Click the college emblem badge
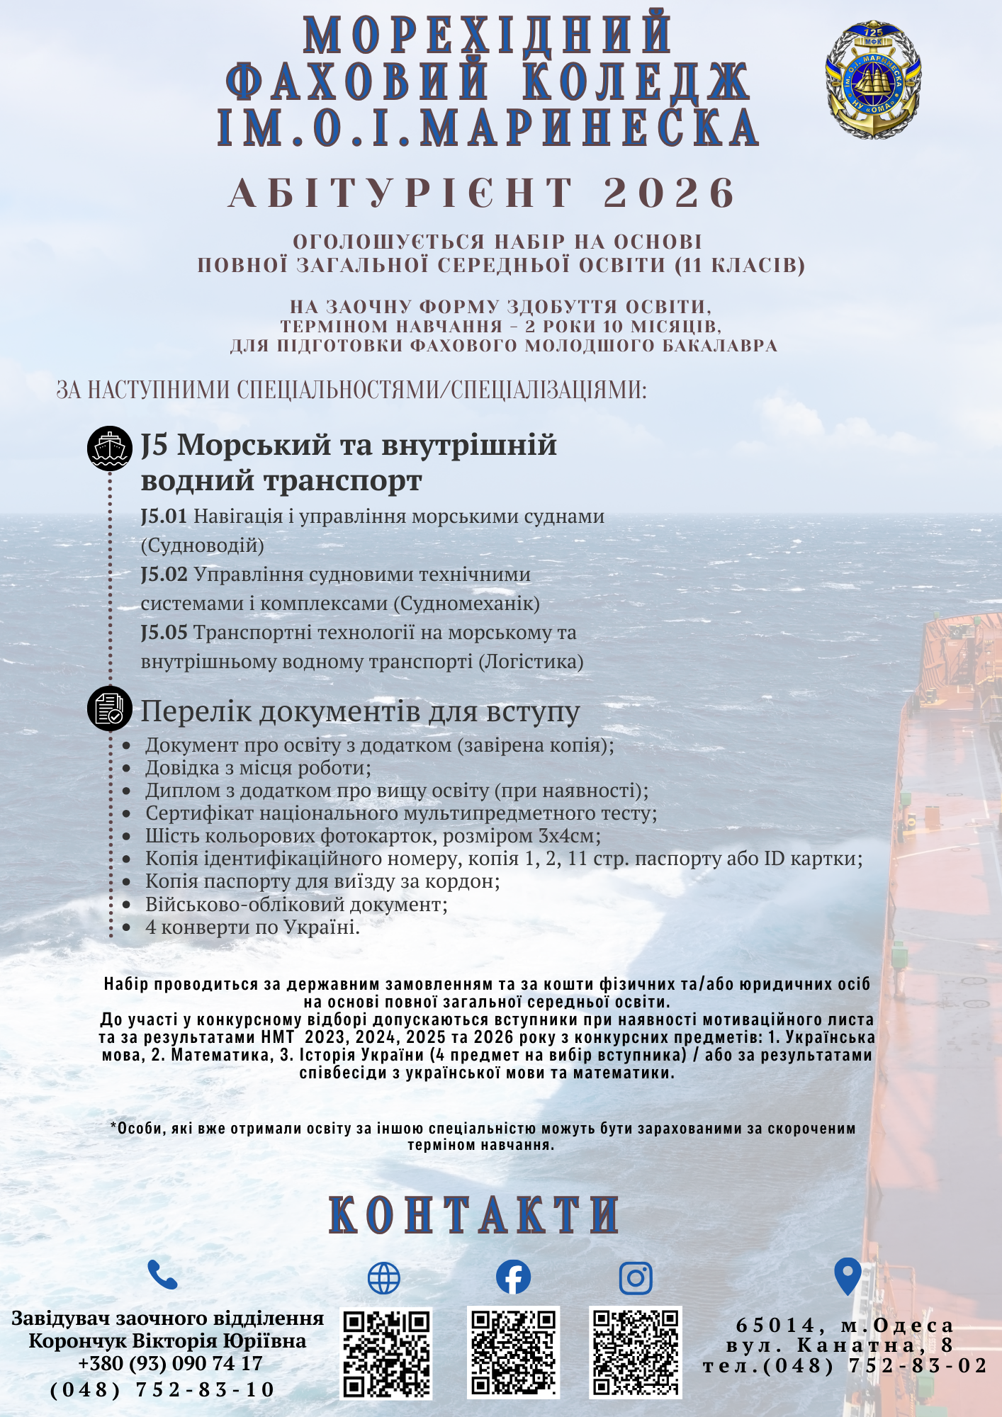pos(873,79)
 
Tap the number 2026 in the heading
pos(670,193)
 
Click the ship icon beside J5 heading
pos(110,448)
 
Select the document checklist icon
pos(110,708)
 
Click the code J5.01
pos(164,516)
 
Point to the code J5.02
pos(164,575)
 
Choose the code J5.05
pos(164,633)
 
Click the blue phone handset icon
pos(162,1275)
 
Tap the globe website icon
pos(384,1278)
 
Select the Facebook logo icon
pos(513,1277)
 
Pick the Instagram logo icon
pos(636,1277)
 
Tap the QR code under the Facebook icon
pos(513,1353)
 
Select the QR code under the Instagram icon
pos(636,1352)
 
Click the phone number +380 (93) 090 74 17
pos(170,1364)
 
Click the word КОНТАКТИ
pos(474,1216)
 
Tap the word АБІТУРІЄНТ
pos(400,193)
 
